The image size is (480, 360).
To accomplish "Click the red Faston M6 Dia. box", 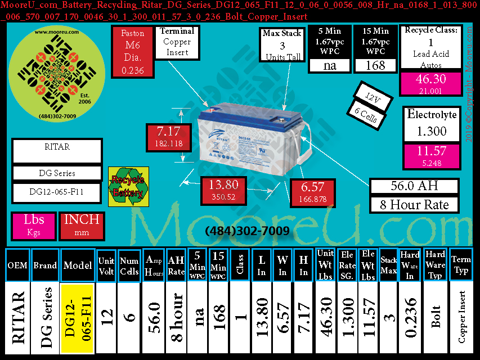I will (x=132, y=52).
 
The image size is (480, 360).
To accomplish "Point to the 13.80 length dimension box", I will (x=223, y=190).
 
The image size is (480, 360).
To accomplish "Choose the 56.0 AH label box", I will (x=414, y=186).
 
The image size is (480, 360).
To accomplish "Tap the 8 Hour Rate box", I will (x=414, y=204).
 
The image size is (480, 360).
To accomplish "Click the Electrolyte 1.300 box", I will (x=432, y=124).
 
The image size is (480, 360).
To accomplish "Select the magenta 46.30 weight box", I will (x=432, y=83).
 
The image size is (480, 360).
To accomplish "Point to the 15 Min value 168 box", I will (x=376, y=65).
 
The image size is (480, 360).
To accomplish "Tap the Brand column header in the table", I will (x=44, y=264).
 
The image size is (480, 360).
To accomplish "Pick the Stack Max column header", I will (x=388, y=264).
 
